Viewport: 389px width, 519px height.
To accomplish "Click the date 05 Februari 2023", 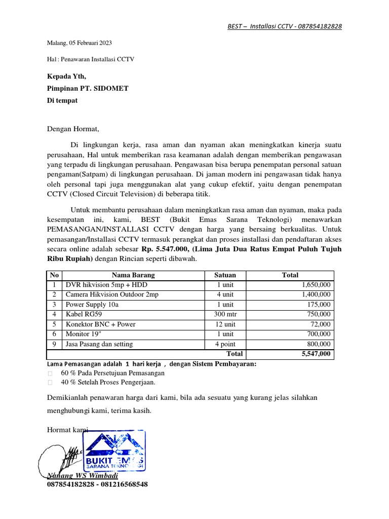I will click(90, 43).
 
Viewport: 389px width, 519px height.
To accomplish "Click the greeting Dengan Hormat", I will click(73, 129).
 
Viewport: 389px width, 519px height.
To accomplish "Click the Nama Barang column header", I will click(133, 275).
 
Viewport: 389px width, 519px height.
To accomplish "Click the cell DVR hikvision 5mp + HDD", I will click(106, 285).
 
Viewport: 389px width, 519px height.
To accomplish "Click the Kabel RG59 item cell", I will click(83, 314).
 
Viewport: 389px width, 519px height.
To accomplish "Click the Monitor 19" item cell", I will click(84, 334).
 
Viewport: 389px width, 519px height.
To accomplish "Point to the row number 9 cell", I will click(53, 344).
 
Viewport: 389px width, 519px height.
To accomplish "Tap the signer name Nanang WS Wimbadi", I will click(82, 476).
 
